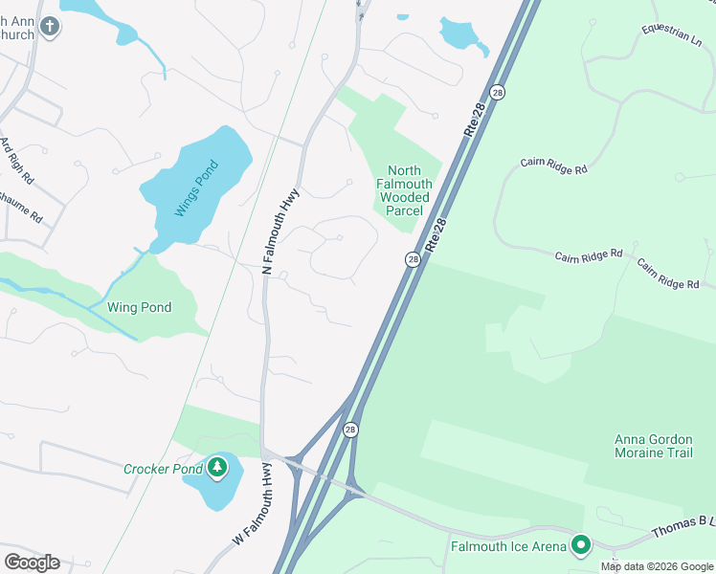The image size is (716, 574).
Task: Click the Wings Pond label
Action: [197, 188]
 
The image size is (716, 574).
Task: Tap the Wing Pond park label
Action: [140, 307]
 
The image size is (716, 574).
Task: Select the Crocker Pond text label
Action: [163, 469]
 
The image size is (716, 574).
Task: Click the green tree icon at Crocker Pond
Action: [218, 468]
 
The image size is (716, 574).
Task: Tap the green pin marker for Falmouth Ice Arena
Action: [580, 546]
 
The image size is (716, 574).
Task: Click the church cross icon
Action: [50, 27]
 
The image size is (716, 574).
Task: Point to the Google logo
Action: [32, 563]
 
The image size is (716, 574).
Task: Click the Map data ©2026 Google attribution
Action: [657, 566]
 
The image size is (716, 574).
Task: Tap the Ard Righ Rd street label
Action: [17, 161]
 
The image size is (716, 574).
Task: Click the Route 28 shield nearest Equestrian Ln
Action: [497, 91]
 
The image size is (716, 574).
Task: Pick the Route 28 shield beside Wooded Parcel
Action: [412, 259]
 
